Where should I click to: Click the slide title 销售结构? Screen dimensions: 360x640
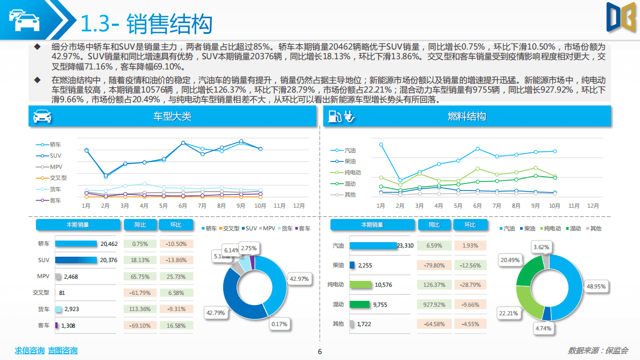169,24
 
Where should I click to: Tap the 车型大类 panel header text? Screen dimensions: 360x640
172,116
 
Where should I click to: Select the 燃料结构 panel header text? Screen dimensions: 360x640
467,116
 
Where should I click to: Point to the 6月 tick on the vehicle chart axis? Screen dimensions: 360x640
183,206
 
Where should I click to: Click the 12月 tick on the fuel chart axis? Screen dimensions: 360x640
593,206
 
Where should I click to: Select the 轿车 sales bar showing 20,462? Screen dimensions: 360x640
76,244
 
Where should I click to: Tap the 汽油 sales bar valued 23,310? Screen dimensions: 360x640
373,245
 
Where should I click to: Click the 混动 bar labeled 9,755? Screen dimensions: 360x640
360,304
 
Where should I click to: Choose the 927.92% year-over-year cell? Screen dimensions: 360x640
434,305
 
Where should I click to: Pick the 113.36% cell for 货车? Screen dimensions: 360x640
140,309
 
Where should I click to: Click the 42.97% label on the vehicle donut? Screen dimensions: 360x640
299,279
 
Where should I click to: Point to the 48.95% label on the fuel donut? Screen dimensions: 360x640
596,286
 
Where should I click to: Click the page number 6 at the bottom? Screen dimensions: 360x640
320,352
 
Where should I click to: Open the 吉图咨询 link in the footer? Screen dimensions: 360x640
62,350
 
